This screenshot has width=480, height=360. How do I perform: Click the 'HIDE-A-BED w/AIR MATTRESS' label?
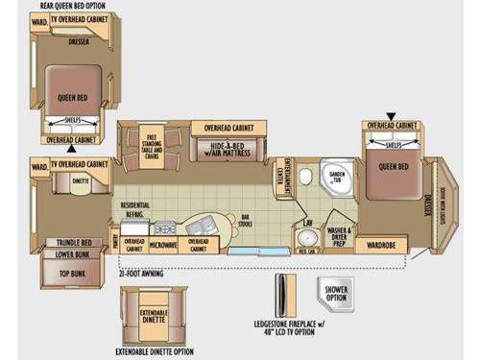tap(227, 148)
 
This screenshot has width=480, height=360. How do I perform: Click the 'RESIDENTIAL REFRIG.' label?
tap(133, 210)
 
